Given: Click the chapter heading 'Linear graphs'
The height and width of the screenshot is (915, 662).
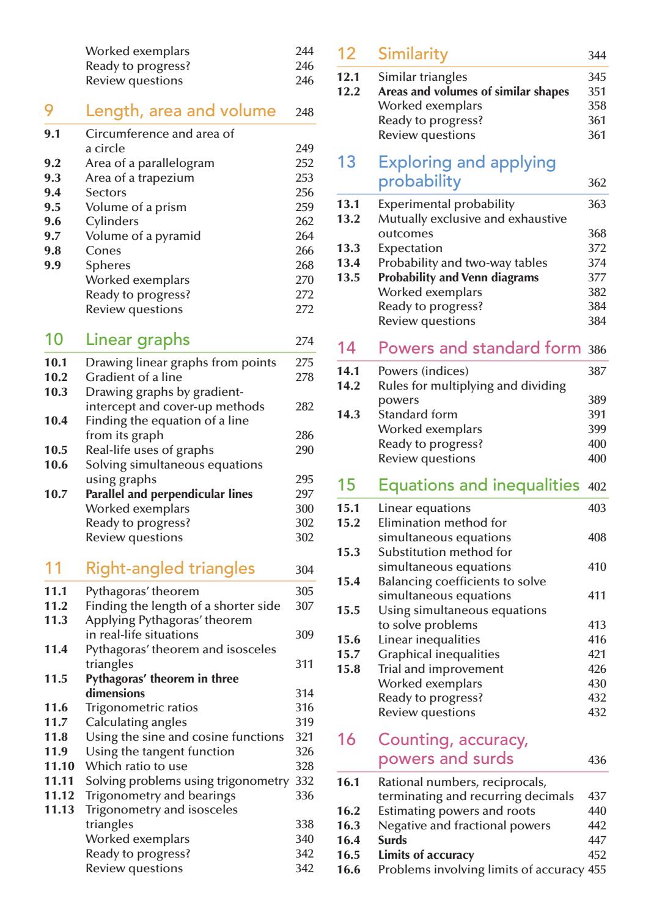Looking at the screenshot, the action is (138, 340).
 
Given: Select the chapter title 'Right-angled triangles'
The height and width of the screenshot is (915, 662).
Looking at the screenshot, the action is (170, 568).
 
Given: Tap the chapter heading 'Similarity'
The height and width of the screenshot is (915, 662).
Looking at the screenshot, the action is (413, 54).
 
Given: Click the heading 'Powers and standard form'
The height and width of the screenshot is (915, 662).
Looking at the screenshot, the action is (479, 348).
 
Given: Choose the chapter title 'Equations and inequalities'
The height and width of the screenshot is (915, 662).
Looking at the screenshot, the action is (479, 485).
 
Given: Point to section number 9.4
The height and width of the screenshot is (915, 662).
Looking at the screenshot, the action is (53, 193).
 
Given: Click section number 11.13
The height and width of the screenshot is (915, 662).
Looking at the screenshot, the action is (59, 810).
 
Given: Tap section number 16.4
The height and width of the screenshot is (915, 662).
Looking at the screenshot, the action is (348, 840).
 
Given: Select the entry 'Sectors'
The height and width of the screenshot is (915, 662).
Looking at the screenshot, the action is (106, 193).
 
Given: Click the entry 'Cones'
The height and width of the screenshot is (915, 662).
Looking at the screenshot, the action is (103, 251).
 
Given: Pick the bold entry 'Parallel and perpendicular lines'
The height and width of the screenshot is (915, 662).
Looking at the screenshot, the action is (169, 494).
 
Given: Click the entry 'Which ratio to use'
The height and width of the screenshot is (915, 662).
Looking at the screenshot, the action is (136, 766).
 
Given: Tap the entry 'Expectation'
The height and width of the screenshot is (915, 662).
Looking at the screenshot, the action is (410, 248).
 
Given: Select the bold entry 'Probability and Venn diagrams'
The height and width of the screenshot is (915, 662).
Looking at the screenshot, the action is (458, 278).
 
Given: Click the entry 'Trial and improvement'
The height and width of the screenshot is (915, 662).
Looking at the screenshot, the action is (441, 669).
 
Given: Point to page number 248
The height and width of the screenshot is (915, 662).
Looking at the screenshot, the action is (304, 113).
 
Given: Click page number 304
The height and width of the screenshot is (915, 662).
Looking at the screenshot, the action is (304, 570).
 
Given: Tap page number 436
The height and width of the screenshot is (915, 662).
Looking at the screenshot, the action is (597, 760).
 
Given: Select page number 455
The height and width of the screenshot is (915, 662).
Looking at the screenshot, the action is (597, 870).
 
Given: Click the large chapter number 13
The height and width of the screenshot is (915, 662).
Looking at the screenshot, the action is (347, 163).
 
